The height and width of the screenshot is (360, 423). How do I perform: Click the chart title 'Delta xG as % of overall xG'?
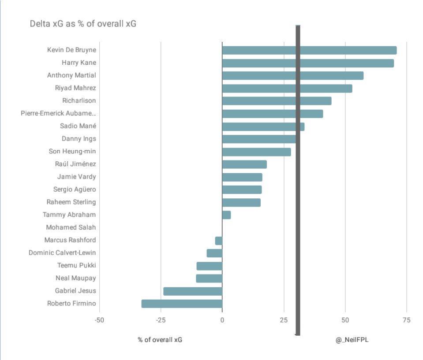[83, 24]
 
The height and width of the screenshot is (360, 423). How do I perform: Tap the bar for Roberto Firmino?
[182, 304]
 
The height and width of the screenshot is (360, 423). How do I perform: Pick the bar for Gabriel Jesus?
[193, 291]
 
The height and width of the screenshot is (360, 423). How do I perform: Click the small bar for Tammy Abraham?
[226, 215]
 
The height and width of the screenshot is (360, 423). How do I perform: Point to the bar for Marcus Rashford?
[219, 241]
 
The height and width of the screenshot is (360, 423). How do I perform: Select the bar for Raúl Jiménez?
[244, 164]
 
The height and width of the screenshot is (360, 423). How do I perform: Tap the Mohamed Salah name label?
[71, 227]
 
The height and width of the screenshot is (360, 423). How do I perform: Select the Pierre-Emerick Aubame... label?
[58, 113]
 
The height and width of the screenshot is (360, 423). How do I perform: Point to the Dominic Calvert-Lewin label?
[62, 253]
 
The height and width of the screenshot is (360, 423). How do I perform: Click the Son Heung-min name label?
[72, 152]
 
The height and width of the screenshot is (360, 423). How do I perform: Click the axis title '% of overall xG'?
[160, 340]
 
